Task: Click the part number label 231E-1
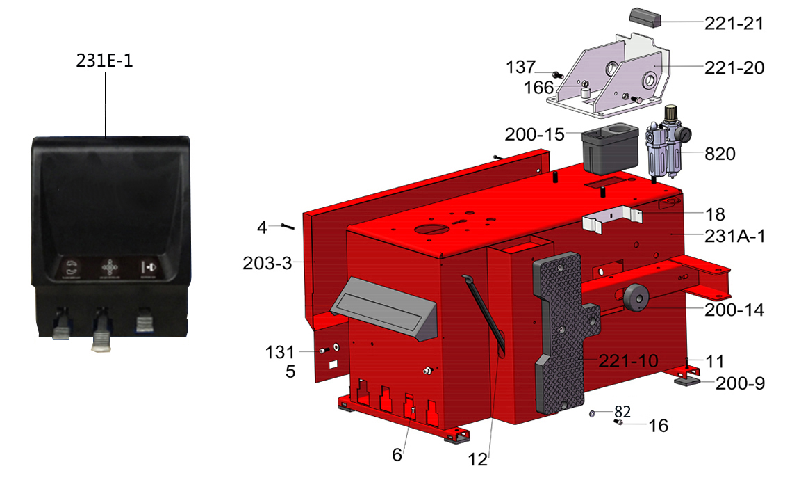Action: click(x=104, y=61)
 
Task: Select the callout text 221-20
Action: click(x=734, y=67)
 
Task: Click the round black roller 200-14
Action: click(x=636, y=298)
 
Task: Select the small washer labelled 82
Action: click(x=592, y=414)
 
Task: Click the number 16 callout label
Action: click(x=658, y=426)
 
